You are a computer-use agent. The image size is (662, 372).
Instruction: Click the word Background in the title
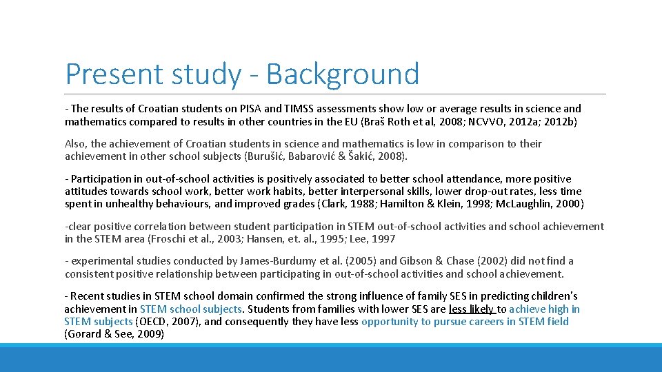343,74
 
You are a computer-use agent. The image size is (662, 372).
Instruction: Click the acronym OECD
153,322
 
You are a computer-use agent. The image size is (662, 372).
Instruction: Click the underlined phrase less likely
471,309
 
